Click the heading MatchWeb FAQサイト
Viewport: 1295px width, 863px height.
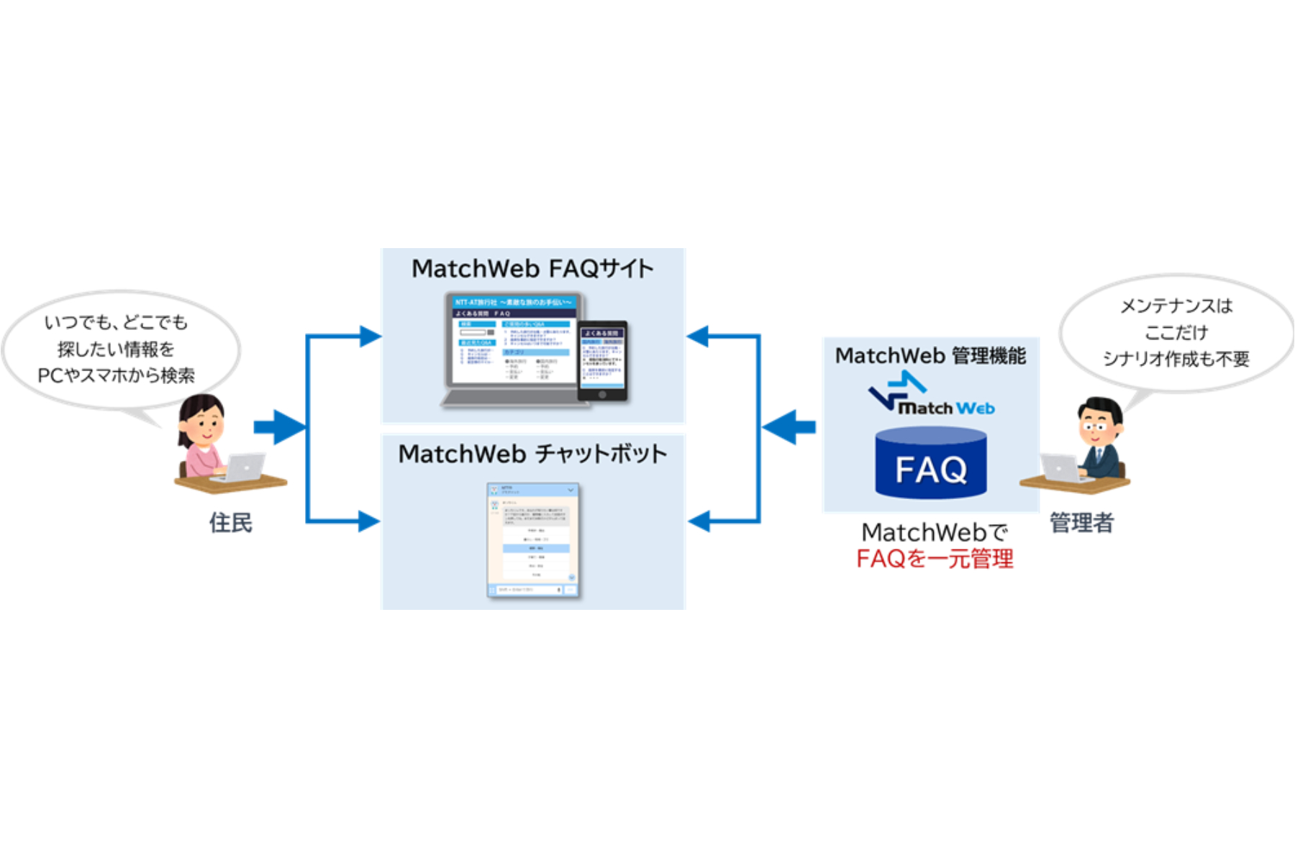[x=532, y=269]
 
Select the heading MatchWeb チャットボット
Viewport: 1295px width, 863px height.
[x=532, y=455]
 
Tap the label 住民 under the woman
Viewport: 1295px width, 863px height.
[x=231, y=523]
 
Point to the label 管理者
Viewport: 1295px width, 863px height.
[x=1081, y=523]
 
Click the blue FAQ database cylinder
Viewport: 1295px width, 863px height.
[x=931, y=464]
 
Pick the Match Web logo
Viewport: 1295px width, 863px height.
[x=931, y=394]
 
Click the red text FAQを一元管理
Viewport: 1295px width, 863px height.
[x=935, y=559]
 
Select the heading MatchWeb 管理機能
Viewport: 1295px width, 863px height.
[x=930, y=356]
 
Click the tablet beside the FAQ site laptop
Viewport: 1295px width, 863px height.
[x=603, y=360]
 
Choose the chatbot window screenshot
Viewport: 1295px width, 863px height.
[x=533, y=540]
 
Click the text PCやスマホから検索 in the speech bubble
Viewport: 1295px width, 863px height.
[x=116, y=375]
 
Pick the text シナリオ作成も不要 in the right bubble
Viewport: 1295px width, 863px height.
[x=1176, y=359]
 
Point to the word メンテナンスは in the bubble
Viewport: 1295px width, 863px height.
[x=1176, y=306]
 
